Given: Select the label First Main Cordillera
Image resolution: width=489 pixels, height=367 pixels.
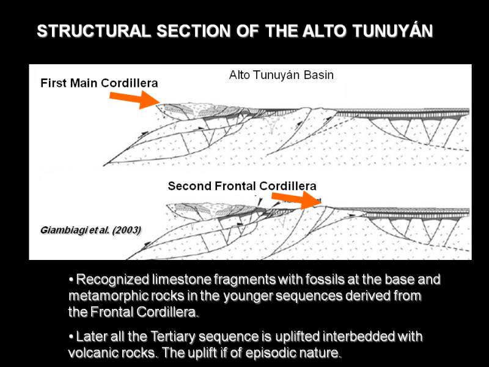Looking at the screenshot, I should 99,83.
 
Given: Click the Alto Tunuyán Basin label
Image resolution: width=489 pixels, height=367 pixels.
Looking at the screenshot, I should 281,75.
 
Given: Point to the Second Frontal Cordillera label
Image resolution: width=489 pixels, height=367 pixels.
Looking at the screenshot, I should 242,185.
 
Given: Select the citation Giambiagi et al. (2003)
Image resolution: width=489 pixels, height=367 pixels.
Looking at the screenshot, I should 90,230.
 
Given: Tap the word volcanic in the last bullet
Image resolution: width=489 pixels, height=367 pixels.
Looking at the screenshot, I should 92,353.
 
